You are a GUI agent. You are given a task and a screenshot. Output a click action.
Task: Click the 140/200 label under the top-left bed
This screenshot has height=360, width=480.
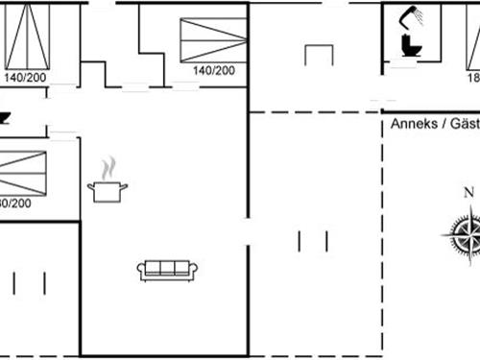[x=23, y=77]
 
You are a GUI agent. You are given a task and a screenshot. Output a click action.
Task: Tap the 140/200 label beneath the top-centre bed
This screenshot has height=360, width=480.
[x=212, y=70]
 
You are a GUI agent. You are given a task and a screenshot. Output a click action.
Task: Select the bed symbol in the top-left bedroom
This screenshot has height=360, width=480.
[x=28, y=34]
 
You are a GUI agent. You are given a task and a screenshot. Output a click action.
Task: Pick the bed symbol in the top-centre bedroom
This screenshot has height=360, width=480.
[x=213, y=39]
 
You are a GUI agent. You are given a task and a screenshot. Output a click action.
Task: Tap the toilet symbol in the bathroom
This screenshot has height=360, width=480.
[x=409, y=46]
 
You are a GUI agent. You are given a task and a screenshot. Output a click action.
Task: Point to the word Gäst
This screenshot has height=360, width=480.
[x=463, y=124]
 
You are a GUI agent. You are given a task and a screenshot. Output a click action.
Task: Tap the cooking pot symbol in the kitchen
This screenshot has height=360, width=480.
[x=108, y=191]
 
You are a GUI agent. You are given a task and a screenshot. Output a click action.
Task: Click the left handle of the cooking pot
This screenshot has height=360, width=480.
[x=90, y=186]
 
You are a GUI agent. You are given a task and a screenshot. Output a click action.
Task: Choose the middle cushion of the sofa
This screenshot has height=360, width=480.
[x=168, y=270]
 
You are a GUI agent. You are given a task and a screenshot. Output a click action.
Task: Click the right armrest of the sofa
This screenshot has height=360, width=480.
[x=195, y=270]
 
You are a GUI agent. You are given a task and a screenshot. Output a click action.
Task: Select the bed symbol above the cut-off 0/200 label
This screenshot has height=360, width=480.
[x=22, y=173]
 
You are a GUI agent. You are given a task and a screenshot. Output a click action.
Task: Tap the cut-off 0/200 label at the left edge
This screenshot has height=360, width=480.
[x=14, y=204]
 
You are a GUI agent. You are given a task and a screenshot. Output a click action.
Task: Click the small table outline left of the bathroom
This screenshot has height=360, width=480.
[x=319, y=55]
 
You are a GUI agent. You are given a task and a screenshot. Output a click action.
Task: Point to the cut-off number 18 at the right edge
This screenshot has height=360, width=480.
[x=472, y=78]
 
